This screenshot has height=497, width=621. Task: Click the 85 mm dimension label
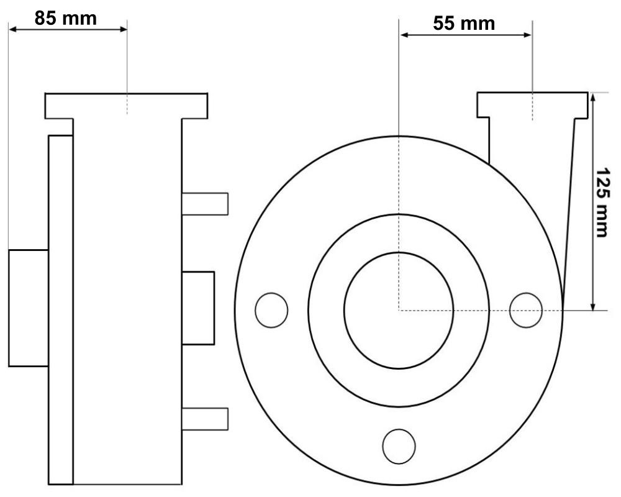(65, 18)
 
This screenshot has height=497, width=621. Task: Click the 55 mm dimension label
(464, 24)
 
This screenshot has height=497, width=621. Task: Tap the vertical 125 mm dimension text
(603, 203)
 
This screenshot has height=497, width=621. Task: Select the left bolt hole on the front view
(271, 311)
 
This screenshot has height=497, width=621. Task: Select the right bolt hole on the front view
(526, 311)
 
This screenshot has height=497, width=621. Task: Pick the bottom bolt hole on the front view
(399, 446)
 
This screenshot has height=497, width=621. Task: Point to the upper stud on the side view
(205, 204)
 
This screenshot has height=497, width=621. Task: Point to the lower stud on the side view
(205, 419)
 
